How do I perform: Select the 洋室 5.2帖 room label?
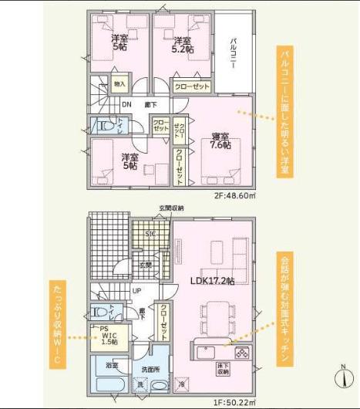coord(182,45)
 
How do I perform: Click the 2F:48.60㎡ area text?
coord(234,196)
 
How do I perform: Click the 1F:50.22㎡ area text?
coord(234,401)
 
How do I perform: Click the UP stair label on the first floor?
coord(137,292)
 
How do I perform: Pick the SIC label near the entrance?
coord(151,233)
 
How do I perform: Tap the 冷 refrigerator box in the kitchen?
coord(181,384)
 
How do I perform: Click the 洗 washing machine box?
coord(140,384)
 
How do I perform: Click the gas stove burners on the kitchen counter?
coord(241,353)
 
